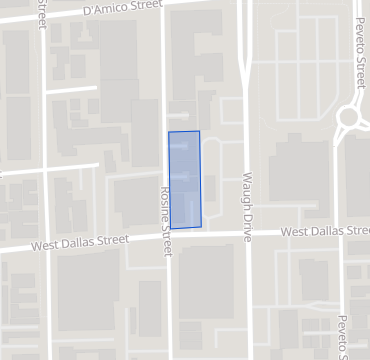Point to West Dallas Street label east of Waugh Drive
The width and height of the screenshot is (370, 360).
pyautogui.click(x=324, y=232)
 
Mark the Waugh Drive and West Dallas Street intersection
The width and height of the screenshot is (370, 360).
pyautogui.click(x=246, y=234)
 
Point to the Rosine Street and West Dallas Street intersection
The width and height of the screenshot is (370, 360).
pyautogui.click(x=169, y=238)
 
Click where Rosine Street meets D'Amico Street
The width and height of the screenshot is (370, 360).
pyautogui.click(x=165, y=7)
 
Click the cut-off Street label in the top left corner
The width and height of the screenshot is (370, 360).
pyautogui.click(x=40, y=14)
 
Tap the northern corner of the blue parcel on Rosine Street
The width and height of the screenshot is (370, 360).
pyautogui.click(x=169, y=132)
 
